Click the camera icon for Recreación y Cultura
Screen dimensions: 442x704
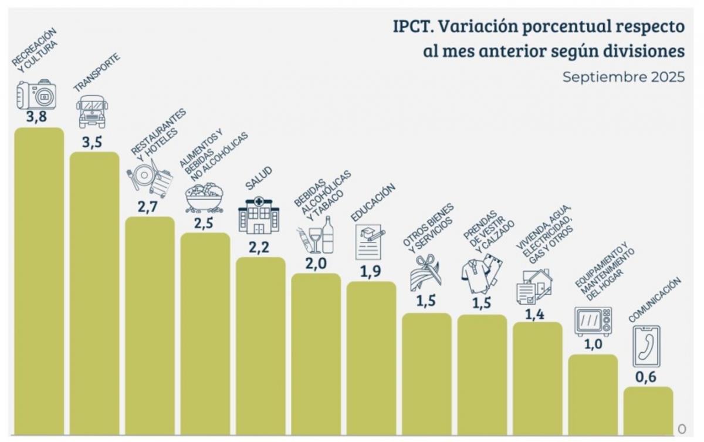point(36,95)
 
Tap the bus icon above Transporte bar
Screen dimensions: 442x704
point(92,112)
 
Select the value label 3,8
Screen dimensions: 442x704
point(36,117)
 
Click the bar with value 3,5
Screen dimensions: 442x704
point(94,293)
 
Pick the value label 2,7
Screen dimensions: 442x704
point(149,207)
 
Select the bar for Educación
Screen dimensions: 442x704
point(371,358)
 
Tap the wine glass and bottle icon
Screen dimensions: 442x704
point(316,236)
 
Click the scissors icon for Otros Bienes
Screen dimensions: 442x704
point(426,272)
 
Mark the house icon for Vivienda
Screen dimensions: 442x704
point(534,286)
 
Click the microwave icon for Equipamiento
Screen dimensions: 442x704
point(593,321)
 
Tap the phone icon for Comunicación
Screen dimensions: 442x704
point(646,346)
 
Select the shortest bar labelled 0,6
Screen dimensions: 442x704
point(648,410)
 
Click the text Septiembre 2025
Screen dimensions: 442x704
point(623,77)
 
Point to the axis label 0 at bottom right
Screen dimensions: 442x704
point(681,428)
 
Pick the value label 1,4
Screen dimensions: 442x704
point(534,314)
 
